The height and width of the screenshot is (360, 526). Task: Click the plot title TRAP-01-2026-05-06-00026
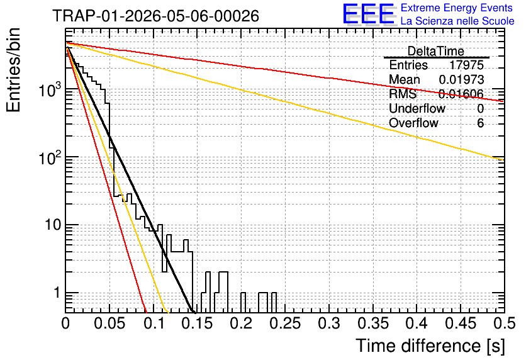[x=155, y=16]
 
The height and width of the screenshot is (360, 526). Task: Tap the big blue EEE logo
[x=368, y=14]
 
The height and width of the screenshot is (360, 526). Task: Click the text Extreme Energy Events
[x=457, y=8]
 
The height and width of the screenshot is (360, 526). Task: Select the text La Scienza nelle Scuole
[x=457, y=21]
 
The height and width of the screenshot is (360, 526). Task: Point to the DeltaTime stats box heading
[x=436, y=52]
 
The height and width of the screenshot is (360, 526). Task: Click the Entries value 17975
[x=467, y=65]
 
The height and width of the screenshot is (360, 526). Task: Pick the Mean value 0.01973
[x=462, y=79]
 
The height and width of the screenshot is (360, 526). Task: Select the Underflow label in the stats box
[x=417, y=108]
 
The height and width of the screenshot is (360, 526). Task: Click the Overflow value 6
[x=480, y=123]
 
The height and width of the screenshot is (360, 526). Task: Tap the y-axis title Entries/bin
[x=13, y=70]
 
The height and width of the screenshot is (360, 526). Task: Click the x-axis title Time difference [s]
[x=430, y=346]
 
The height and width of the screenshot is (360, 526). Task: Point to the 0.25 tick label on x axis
[x=286, y=323]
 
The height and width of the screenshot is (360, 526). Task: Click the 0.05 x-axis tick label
[x=109, y=323]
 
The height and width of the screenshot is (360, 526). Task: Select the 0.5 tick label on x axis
[x=505, y=323]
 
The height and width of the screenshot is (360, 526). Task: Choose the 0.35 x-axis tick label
[x=373, y=323]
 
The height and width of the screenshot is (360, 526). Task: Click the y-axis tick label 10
[x=53, y=225]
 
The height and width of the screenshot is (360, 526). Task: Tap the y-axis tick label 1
[x=57, y=293]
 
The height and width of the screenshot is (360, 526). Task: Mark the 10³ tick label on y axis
[x=50, y=89]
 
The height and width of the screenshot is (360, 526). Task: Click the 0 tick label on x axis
[x=65, y=323]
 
